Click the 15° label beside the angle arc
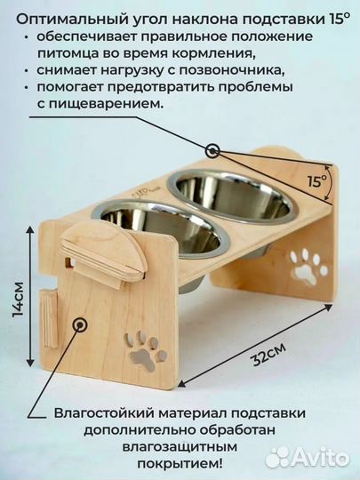click(317, 183)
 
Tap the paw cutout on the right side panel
click(308, 265)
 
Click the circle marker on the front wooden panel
click(81, 326)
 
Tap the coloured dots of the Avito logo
click(280, 457)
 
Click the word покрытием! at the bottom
click(181, 464)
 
